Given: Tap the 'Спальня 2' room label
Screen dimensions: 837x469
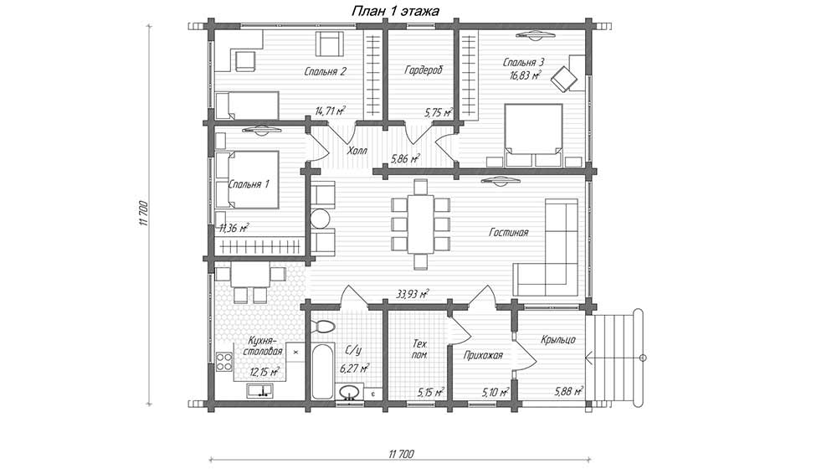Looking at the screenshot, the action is [x=326, y=71].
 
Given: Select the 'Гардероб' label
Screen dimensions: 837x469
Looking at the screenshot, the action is [x=424, y=70].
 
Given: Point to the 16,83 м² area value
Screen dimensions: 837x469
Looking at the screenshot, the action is [x=526, y=75].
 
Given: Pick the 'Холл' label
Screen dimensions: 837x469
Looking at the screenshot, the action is [x=357, y=151].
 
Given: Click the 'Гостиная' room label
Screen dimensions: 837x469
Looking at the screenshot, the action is [x=508, y=232].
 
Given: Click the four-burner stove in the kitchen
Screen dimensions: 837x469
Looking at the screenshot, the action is [x=223, y=363].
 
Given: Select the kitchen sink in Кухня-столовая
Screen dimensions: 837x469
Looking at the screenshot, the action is [x=261, y=390].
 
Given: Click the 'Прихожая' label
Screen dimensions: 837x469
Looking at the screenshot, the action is [x=483, y=355].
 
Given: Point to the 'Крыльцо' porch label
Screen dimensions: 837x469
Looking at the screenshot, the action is [x=557, y=340].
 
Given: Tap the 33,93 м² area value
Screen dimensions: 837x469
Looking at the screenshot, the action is [x=413, y=294].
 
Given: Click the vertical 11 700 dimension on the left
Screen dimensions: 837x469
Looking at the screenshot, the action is [x=142, y=214].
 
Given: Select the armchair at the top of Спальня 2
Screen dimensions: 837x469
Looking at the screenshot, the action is [x=329, y=44].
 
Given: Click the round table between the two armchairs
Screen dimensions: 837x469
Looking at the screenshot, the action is [x=321, y=219].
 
